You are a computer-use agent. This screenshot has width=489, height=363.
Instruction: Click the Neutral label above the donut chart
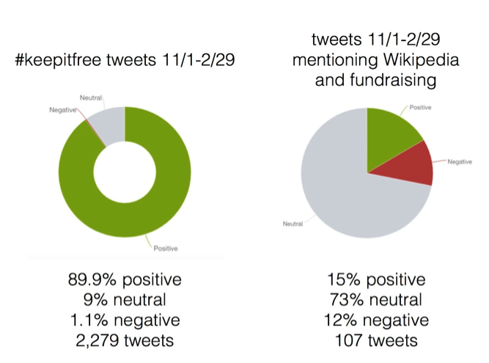click(90, 97)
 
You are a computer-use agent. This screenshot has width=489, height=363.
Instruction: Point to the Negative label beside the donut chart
click(62, 109)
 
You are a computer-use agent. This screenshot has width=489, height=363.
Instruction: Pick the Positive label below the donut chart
click(166, 249)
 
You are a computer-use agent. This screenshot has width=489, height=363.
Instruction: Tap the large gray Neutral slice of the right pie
click(345, 191)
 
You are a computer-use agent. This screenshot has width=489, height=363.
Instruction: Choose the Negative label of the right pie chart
click(461, 161)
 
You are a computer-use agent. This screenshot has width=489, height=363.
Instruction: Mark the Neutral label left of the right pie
click(293, 224)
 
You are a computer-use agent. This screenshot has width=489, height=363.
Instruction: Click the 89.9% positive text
click(125, 281)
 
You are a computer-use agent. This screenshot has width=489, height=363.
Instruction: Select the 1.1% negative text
click(125, 320)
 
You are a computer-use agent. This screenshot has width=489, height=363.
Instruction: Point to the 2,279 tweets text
click(125, 340)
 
